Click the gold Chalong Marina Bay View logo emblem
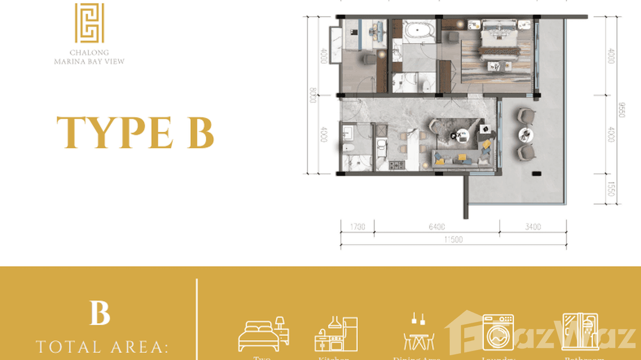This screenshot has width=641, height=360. pos(89,23)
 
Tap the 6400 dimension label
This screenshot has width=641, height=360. pos(437,226)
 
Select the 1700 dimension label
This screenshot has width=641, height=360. pos(357,226)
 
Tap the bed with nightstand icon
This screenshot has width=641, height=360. pos(263,333)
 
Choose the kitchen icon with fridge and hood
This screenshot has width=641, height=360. pos(336,333)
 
